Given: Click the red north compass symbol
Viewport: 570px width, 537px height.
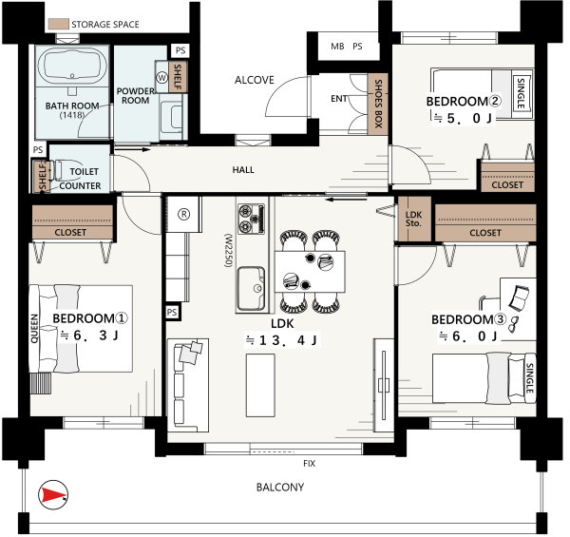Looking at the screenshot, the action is coord(53,494).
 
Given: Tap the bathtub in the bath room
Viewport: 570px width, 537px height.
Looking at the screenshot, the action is coord(72,66).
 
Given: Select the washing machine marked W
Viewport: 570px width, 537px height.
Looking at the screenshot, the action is coord(161,77).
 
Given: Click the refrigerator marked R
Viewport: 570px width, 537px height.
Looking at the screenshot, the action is coord(184,214).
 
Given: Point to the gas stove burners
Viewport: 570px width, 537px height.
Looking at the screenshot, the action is coord(251,219).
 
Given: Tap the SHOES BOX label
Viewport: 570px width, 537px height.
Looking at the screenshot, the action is coord(378,104).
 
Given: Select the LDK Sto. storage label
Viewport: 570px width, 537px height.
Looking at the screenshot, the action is coord(413,219).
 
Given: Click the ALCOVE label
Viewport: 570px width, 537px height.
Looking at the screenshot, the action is coord(254,80).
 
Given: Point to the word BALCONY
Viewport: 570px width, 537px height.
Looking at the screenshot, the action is coord(280,488).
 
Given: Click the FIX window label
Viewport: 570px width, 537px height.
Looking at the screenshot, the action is coord(310,464).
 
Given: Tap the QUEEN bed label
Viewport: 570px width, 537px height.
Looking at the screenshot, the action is coord(34,329).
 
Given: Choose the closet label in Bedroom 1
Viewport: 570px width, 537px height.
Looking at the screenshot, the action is coord(70,232).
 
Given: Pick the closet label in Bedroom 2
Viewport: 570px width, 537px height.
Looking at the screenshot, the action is coord(507,185).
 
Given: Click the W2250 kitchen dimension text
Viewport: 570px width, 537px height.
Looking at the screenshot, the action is coord(228,251).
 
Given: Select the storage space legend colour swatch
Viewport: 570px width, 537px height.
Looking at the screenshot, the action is coord(59,24).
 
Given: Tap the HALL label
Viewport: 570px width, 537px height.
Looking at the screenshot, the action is coord(243,170).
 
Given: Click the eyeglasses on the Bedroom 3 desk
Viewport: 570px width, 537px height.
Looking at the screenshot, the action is coord(513,324).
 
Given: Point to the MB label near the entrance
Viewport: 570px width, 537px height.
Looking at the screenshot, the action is coord(337,47).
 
